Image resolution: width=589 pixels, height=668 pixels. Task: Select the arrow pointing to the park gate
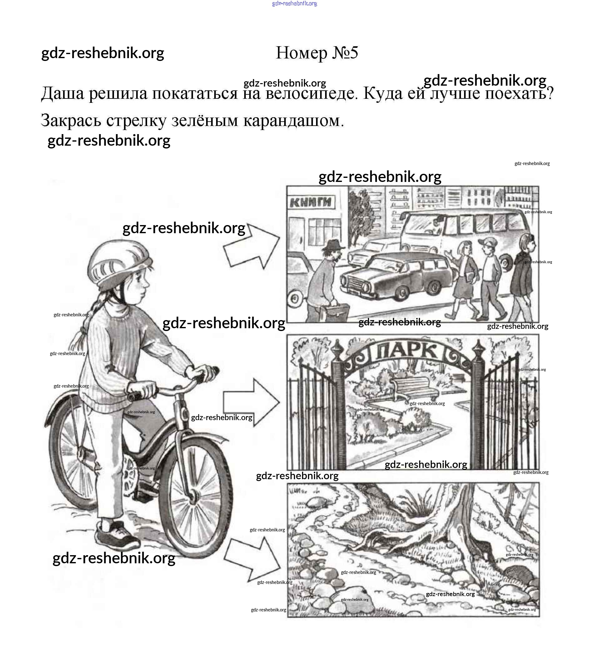coord(251,403)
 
